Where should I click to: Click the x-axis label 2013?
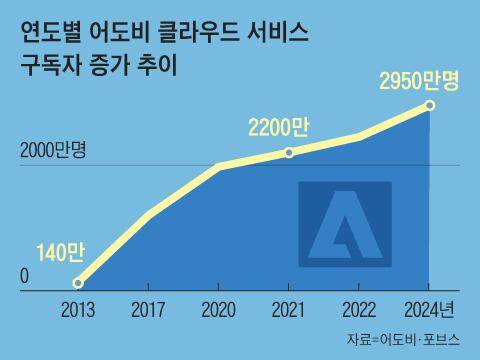click(79, 308)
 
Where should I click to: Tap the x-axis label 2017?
click(149, 308)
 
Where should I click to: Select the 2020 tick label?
click(219, 308)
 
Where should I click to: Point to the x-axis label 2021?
click(289, 308)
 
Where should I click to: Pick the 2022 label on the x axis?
click(359, 308)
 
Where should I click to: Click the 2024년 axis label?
click(432, 308)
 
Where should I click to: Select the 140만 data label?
click(60, 252)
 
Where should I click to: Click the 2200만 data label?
click(280, 127)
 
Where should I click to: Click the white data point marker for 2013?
click(79, 283)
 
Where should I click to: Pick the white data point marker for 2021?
click(289, 152)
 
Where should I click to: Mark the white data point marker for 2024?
click(430, 105)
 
